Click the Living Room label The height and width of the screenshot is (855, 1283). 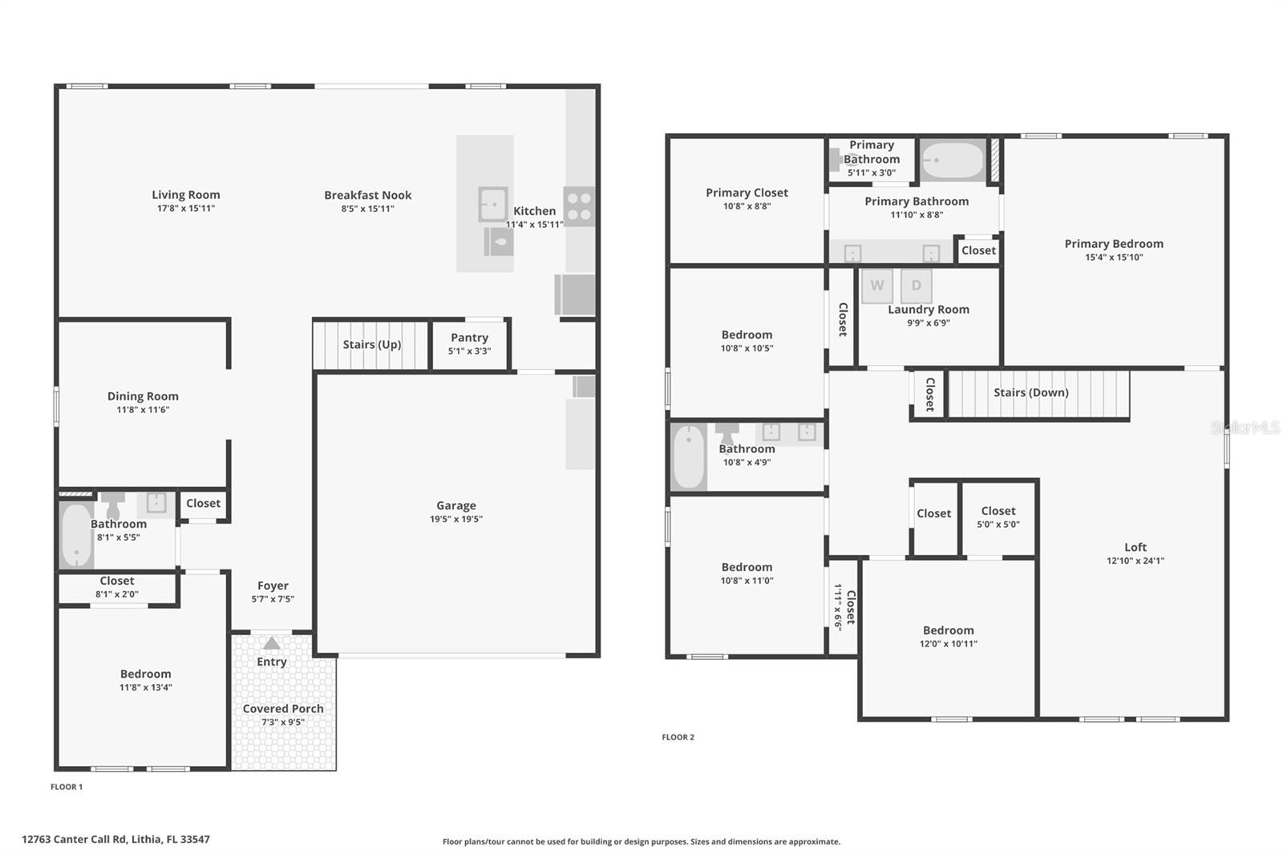tap(186, 195)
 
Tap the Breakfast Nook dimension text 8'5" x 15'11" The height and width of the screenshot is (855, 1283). tap(367, 209)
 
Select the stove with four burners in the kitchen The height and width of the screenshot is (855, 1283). tap(579, 206)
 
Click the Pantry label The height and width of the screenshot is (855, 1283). tap(469, 338)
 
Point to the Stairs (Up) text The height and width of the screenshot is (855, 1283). tap(372, 345)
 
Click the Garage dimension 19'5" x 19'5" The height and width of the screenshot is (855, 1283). tap(456, 519)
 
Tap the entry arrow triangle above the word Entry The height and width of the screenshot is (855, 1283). tap(272, 643)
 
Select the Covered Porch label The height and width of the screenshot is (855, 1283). tap(283, 709)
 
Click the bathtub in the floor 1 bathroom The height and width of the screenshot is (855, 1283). tap(77, 534)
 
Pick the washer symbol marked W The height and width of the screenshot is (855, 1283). tap(877, 286)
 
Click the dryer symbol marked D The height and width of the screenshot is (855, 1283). tap(917, 286)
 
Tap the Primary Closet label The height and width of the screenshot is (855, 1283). tap(747, 192)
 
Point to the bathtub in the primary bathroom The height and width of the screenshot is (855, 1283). tap(953, 160)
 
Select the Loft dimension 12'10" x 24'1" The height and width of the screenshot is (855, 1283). tap(1135, 561)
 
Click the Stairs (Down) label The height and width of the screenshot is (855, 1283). tap(1030, 393)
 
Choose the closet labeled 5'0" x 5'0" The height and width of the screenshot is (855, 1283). tap(998, 517)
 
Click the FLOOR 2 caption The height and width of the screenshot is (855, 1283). tap(678, 737)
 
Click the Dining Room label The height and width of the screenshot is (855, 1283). tap(143, 396)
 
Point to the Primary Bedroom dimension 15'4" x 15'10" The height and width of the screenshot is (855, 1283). tap(1114, 257)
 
